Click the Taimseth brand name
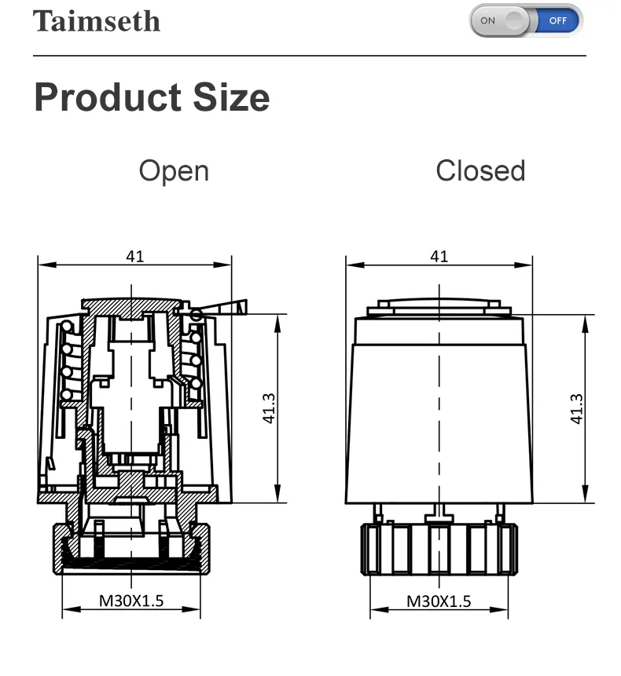point(97,21)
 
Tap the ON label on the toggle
point(487,20)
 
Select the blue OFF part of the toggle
point(558,20)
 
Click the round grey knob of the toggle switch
point(514,20)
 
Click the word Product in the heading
point(108,97)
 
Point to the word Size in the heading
point(231,97)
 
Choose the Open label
point(174,172)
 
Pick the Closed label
point(480,170)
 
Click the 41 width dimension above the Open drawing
point(135,257)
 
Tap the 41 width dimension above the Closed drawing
point(439,257)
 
